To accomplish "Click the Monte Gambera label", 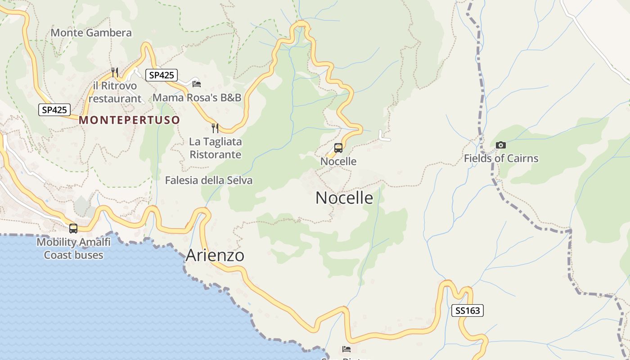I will click(x=91, y=33).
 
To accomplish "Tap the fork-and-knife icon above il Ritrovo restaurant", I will click(x=115, y=72).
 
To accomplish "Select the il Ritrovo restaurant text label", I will click(x=115, y=92).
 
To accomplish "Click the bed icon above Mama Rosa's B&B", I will click(x=196, y=84).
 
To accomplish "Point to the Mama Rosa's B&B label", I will click(x=197, y=98).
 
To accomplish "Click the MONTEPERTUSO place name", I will click(x=130, y=120).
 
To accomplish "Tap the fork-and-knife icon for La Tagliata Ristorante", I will click(x=215, y=128).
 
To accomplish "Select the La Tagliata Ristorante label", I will click(x=215, y=148).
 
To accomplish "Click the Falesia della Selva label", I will click(x=208, y=180).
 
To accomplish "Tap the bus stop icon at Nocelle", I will click(x=338, y=148).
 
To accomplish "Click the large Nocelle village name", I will click(x=344, y=198).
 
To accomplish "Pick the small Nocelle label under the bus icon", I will click(x=338, y=161).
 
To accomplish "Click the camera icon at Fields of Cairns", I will click(x=500, y=145).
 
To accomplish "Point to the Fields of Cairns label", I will click(x=501, y=158).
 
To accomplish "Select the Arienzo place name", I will click(x=215, y=256).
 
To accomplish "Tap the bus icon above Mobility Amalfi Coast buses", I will click(x=73, y=228).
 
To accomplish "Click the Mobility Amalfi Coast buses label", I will click(x=73, y=248).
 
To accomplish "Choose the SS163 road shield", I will click(x=468, y=310).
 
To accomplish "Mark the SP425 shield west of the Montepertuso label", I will click(x=54, y=109).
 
